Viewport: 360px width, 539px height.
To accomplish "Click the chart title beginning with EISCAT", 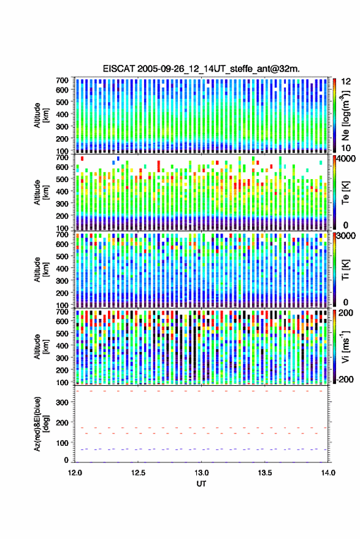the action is [x=201, y=69].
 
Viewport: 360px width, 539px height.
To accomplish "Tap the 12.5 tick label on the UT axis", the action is [x=138, y=473].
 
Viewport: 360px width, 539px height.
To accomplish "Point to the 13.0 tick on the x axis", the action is [x=202, y=473].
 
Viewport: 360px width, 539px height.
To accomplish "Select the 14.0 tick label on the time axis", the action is [x=328, y=473].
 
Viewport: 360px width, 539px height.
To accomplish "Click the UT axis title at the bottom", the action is [x=202, y=484].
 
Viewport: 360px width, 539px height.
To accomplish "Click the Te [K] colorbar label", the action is [x=345, y=193].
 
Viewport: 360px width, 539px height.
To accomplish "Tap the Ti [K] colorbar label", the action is [x=345, y=270].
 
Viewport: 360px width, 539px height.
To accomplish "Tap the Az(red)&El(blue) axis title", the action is [x=42, y=424].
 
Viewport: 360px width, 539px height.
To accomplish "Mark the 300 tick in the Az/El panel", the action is [x=63, y=402].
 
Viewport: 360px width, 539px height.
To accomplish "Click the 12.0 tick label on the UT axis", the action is [x=75, y=473].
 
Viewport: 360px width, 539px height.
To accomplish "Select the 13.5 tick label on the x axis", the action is [x=265, y=473].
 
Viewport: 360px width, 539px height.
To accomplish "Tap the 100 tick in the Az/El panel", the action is [x=63, y=443].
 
